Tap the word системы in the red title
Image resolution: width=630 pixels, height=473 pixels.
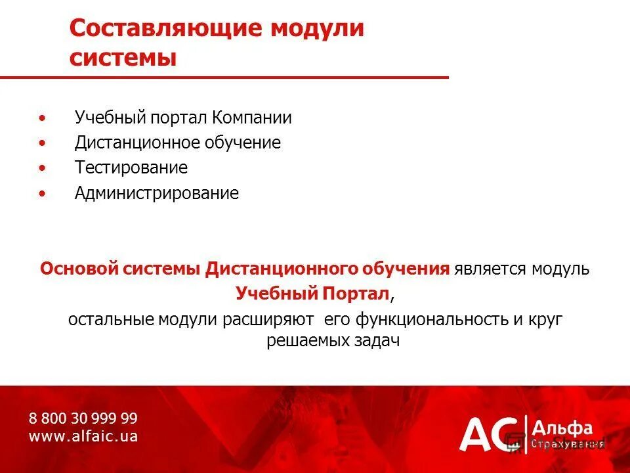point(123,58)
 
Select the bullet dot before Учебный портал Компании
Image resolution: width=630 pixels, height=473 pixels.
point(43,119)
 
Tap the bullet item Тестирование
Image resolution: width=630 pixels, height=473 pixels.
point(131,168)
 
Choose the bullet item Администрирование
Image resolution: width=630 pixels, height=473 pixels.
point(157,194)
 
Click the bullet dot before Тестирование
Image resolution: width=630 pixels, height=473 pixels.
point(43,169)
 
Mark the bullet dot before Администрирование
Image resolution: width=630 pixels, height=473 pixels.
point(43,194)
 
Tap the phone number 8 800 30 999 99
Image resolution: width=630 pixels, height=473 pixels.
point(83,418)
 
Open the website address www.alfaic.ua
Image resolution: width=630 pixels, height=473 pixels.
point(83,436)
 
